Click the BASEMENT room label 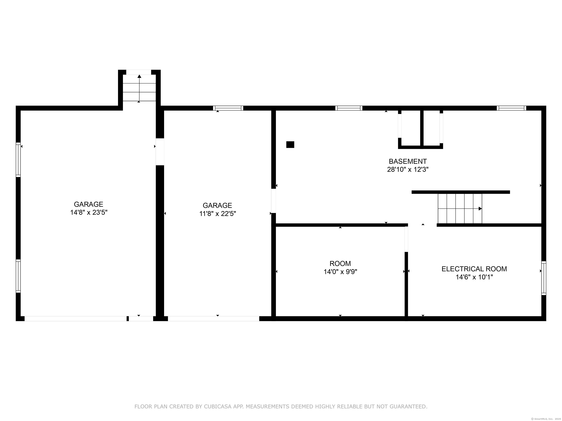(x=408, y=161)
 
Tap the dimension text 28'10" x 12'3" (x=408, y=170)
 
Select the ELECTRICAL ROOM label (x=474, y=269)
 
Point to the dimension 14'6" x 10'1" (x=474, y=277)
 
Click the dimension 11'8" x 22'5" (x=218, y=214)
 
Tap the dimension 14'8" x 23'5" (x=89, y=212)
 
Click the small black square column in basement (x=290, y=145)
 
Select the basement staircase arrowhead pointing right (x=480, y=209)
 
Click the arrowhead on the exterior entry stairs (x=139, y=76)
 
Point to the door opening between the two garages (x=160, y=152)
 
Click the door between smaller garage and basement (x=273, y=201)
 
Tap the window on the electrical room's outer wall (x=544, y=278)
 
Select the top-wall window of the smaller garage (x=228, y=108)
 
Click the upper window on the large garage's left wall (x=18, y=160)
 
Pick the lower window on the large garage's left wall (x=18, y=276)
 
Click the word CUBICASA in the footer (x=218, y=407)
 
